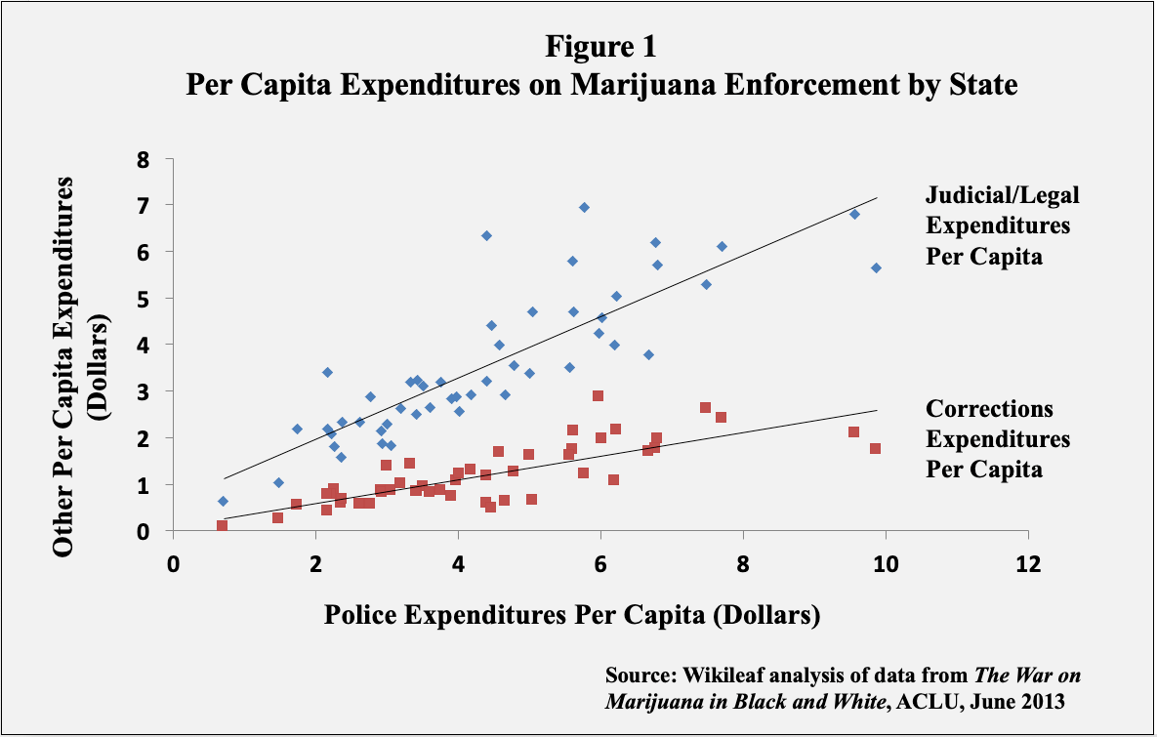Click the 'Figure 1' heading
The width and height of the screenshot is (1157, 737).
pyautogui.click(x=601, y=47)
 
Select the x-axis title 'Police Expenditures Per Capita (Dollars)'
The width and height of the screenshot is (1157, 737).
pyautogui.click(x=571, y=615)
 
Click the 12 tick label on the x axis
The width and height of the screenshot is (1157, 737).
pyautogui.click(x=1027, y=565)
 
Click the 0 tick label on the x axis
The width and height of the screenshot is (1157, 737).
pyautogui.click(x=173, y=565)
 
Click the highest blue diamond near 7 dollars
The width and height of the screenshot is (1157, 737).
pyautogui.click(x=584, y=207)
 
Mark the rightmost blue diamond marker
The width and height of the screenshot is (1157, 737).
pyautogui.click(x=876, y=267)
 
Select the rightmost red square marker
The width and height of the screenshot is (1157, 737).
pyautogui.click(x=875, y=449)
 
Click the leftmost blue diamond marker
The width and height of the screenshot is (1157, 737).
pyautogui.click(x=223, y=501)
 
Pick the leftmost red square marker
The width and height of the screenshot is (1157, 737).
pyautogui.click(x=222, y=526)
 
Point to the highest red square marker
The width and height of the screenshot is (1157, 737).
pyautogui.click(x=598, y=395)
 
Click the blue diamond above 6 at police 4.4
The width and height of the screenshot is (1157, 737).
pyautogui.click(x=486, y=235)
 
